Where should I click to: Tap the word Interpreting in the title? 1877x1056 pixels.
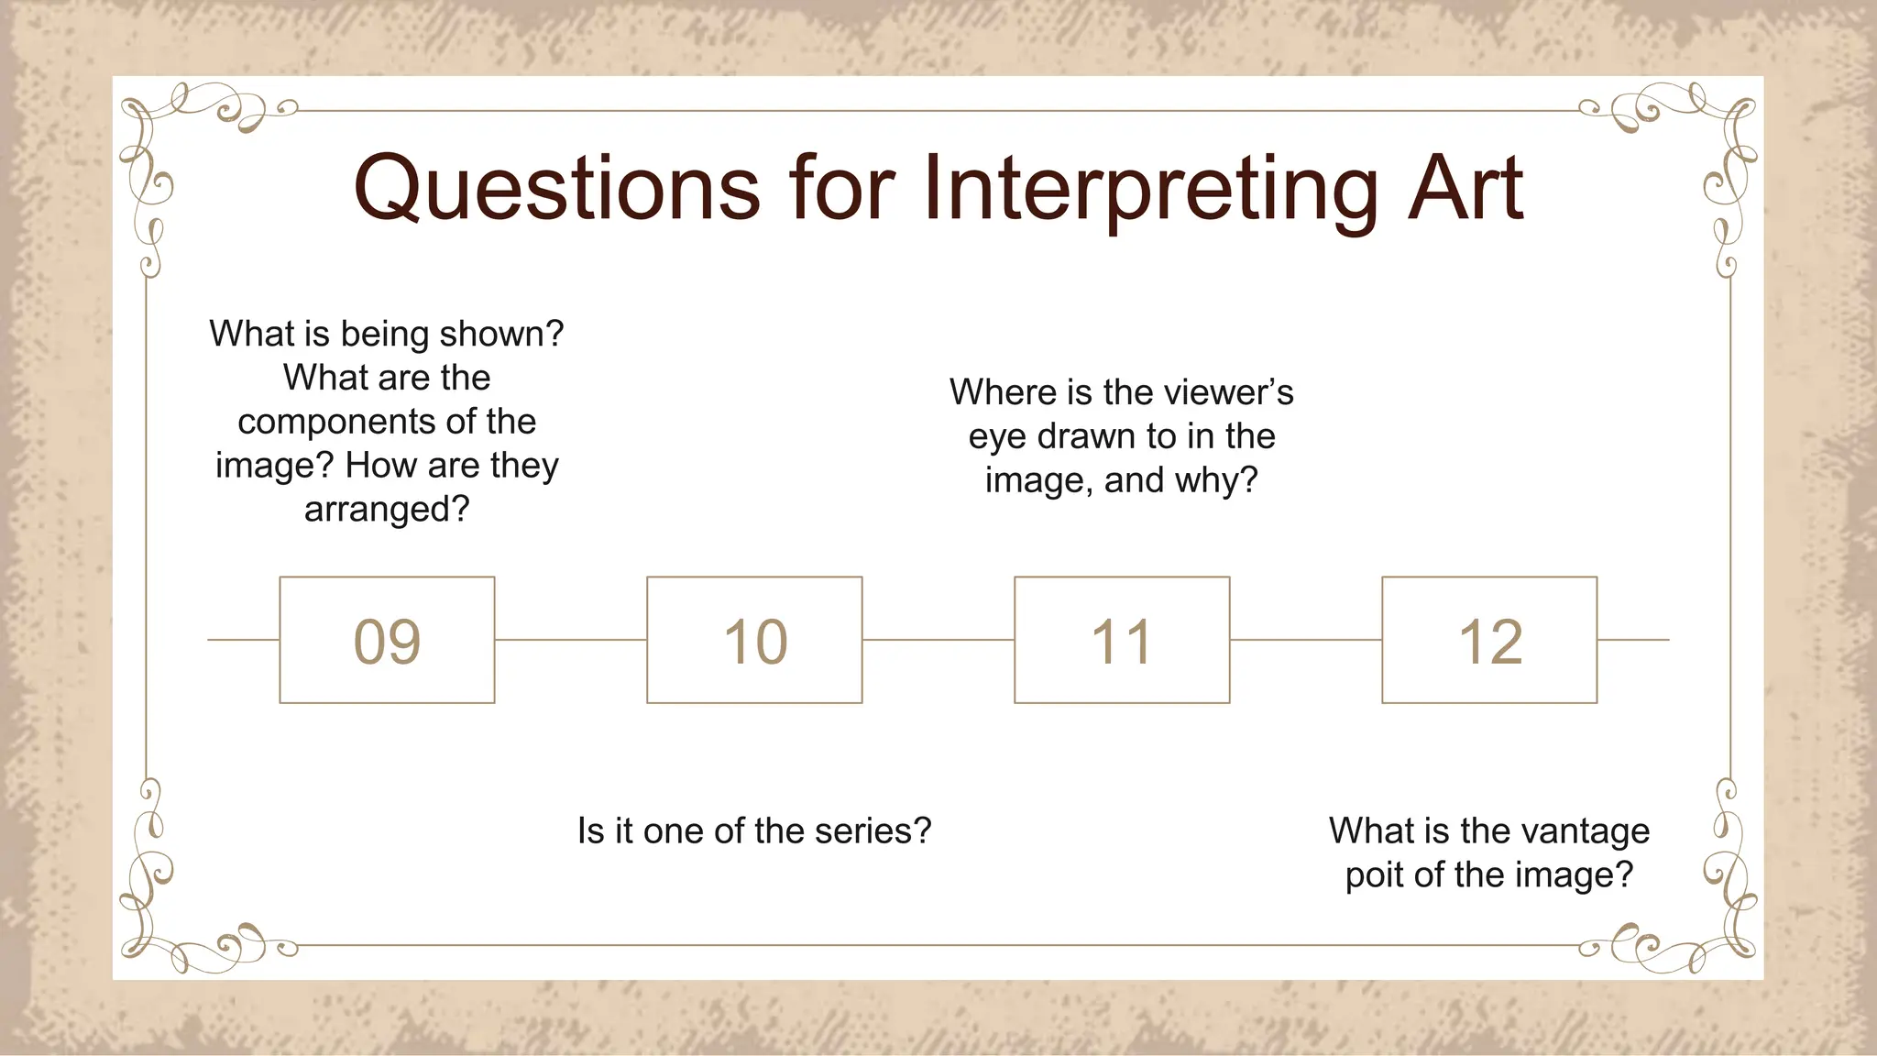1151,188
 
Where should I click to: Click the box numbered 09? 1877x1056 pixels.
387,640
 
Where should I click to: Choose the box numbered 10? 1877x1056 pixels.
754,640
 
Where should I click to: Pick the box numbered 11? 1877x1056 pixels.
1122,640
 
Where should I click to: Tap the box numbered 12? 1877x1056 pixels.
1489,640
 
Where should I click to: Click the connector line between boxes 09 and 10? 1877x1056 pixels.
570,640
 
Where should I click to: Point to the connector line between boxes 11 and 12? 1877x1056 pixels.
1305,640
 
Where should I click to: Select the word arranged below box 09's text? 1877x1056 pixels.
386,509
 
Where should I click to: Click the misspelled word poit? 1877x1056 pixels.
1375,874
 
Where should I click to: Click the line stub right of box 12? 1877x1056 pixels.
1633,640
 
